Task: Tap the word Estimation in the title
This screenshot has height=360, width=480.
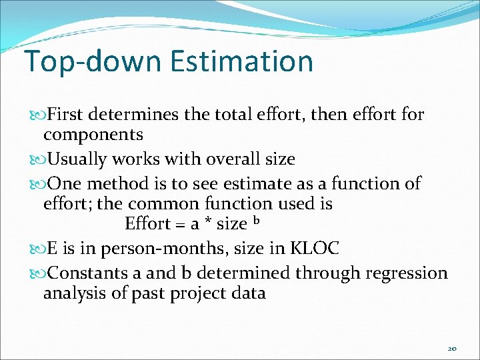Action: (241, 61)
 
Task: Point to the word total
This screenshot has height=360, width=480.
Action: (237, 115)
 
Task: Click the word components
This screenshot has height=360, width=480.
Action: (93, 135)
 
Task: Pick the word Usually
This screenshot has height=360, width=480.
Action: (77, 159)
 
